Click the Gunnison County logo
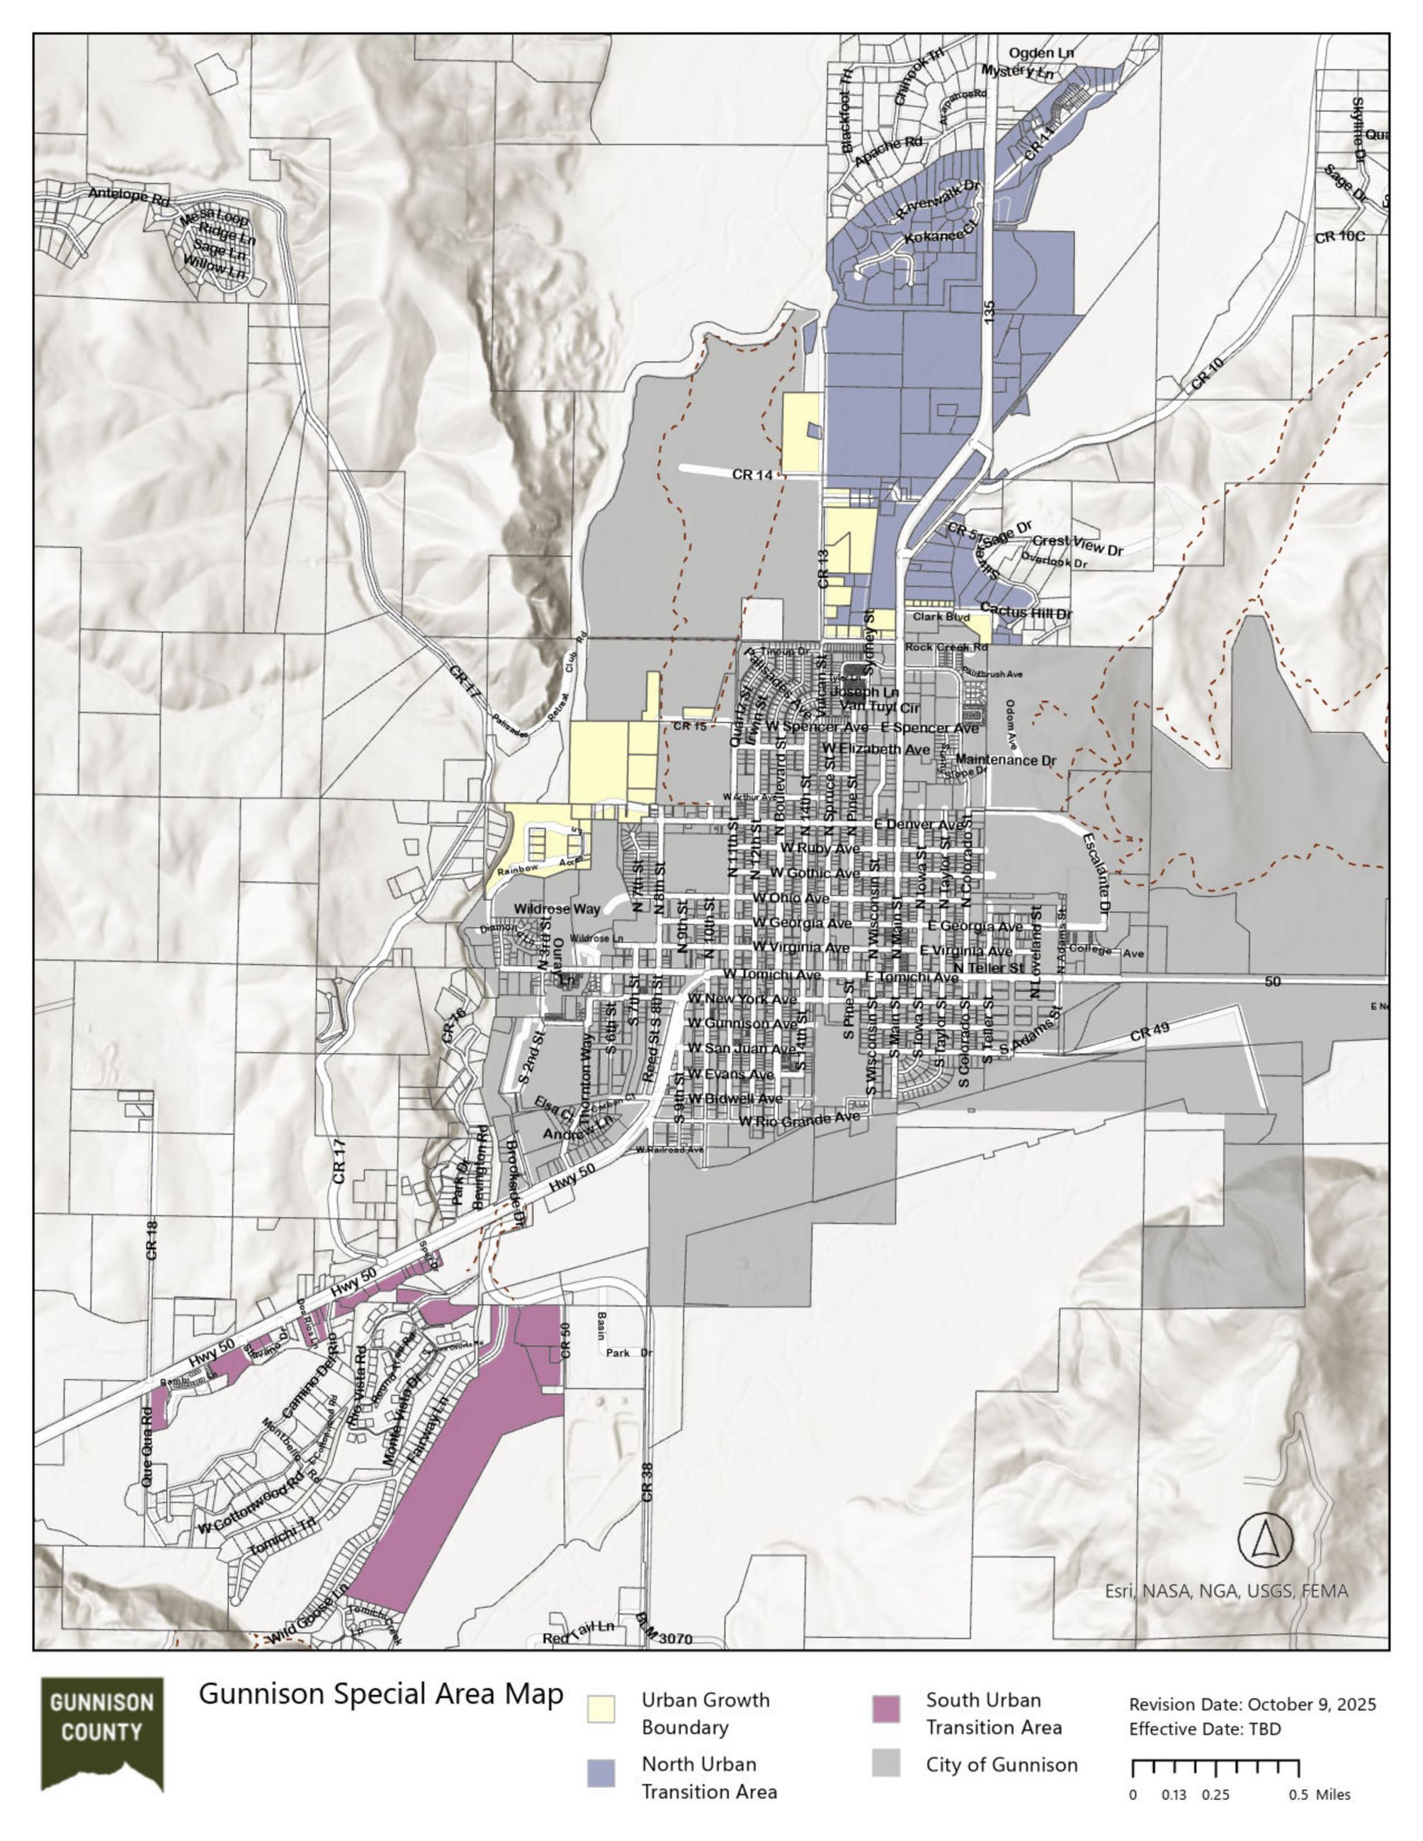102,1743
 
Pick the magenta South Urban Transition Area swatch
886,1709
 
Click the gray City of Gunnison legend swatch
886,1763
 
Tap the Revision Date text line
1252,1704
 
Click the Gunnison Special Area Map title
380,1694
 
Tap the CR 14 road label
752,474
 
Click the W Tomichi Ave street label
771,974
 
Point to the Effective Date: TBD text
1205,1729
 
